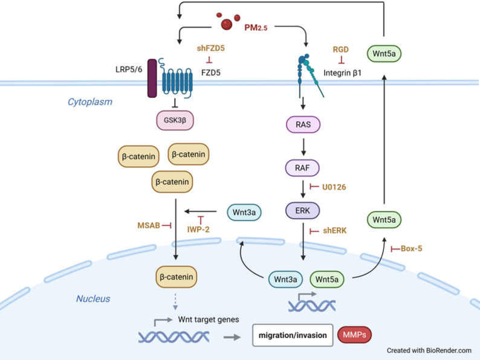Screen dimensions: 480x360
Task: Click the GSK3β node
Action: [175, 120]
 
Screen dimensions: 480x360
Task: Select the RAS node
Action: [303, 124]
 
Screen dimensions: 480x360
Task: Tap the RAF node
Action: [302, 167]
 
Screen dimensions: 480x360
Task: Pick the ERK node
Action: [302, 210]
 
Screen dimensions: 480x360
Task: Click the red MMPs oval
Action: [354, 335]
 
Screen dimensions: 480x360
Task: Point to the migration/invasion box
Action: [293, 335]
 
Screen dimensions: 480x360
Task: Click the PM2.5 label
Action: [256, 28]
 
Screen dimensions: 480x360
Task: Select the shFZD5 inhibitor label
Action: [210, 48]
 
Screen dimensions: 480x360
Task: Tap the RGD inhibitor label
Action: [341, 50]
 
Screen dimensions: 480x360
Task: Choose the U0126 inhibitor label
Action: [334, 187]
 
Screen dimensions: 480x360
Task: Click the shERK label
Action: [334, 230]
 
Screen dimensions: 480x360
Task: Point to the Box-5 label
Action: [412, 248]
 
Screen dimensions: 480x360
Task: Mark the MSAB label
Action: [149, 225]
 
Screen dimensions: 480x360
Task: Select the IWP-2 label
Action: [198, 230]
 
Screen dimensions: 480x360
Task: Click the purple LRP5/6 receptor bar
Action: [152, 79]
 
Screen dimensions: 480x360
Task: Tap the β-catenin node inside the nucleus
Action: [177, 277]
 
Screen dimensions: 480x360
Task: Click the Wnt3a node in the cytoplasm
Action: [244, 212]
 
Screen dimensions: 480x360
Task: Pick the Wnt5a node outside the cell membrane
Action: [384, 54]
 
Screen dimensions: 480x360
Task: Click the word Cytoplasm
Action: [90, 102]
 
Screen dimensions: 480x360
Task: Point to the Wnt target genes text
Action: [209, 320]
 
